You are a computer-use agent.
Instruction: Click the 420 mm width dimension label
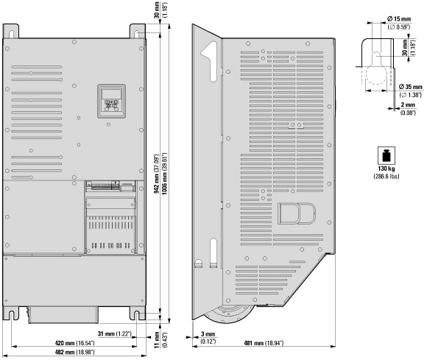pyautogui.click(x=74, y=343)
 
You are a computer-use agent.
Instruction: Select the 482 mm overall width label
pyautogui.click(x=74, y=352)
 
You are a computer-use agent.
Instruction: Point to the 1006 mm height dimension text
pyautogui.click(x=164, y=173)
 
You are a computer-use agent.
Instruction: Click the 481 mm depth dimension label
pyautogui.click(x=264, y=343)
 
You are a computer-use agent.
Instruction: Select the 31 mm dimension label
pyautogui.click(x=114, y=333)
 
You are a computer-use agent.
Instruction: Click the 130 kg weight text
pyautogui.click(x=387, y=169)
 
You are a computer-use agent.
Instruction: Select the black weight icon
pyautogui.click(x=387, y=156)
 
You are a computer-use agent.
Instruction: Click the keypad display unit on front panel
pyautogui.click(x=112, y=101)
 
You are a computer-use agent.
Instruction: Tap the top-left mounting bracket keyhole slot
pyautogui.click(x=12, y=35)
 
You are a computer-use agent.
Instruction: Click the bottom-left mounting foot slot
pyautogui.click(x=11, y=315)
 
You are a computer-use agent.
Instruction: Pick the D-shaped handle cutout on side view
pyautogui.click(x=297, y=213)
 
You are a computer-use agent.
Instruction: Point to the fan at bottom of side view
pyautogui.click(x=229, y=314)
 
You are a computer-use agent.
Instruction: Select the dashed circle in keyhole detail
pyautogui.click(x=376, y=74)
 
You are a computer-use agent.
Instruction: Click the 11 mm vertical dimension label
pyautogui.click(x=160, y=340)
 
